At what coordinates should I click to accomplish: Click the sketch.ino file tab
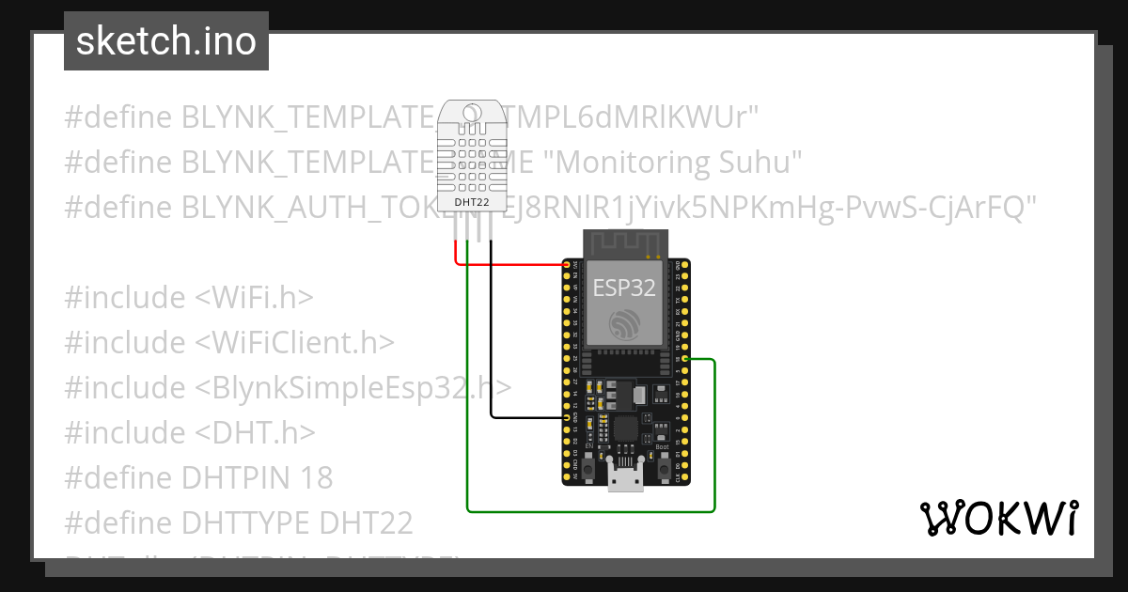point(166,41)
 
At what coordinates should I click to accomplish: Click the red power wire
point(517,264)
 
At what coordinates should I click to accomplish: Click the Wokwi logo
point(998,518)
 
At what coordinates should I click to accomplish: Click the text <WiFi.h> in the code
point(254,298)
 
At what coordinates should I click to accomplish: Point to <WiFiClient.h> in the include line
point(294,343)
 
